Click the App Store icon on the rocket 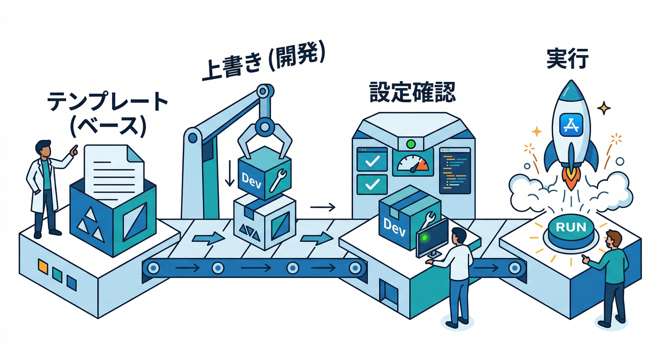[x=571, y=124]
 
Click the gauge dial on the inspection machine [x=412, y=162]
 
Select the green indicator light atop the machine [x=412, y=143]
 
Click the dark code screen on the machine [x=454, y=170]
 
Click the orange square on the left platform [x=43, y=266]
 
